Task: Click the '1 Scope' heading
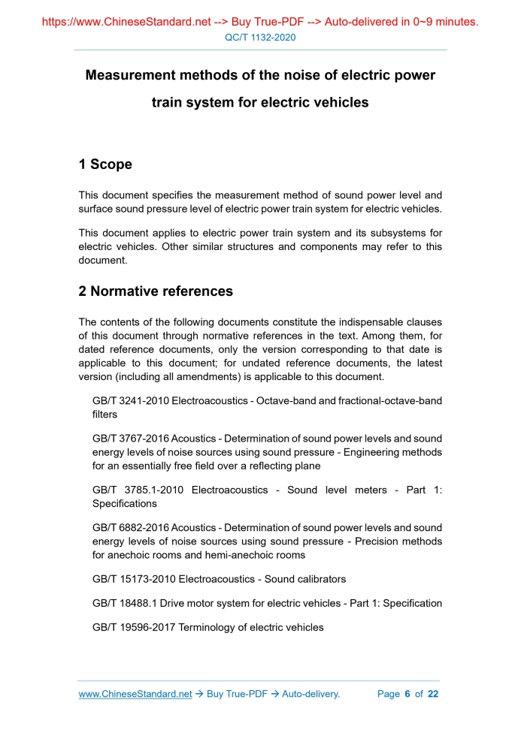[105, 164]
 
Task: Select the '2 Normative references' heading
[156, 291]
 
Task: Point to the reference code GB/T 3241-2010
[130, 400]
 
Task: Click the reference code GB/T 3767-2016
[130, 438]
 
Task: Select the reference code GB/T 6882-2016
[130, 527]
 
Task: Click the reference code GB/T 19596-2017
[133, 627]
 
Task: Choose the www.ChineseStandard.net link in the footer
[135, 694]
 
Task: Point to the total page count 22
[432, 694]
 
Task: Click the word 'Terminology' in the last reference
[206, 627]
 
